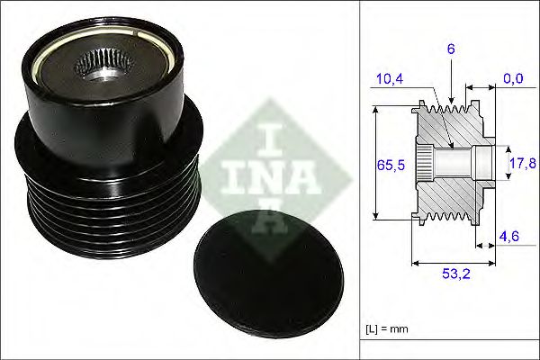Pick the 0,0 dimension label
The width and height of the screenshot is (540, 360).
point(514,79)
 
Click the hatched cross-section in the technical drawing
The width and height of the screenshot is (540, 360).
point(450,193)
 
